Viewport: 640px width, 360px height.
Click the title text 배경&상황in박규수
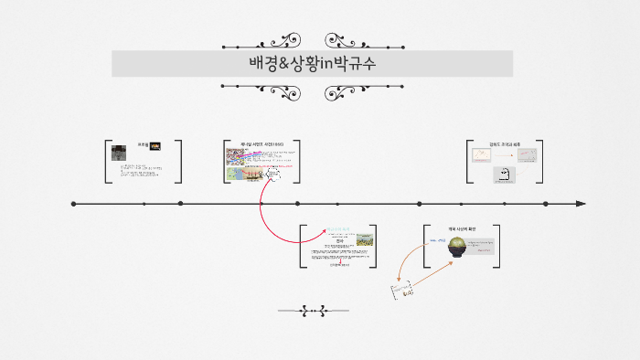[313, 64]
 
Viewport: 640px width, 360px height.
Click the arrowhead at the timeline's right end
[581, 204]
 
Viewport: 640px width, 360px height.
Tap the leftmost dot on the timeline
[74, 204]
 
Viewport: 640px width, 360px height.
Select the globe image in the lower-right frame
[453, 246]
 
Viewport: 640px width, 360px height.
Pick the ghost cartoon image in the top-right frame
[501, 174]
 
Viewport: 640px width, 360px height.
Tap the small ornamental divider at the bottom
[313, 312]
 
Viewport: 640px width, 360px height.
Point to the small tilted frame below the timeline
[402, 290]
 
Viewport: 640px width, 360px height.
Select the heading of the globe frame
[462, 228]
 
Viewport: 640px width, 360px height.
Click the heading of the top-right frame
[505, 144]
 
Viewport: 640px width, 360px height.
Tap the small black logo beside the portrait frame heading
[155, 144]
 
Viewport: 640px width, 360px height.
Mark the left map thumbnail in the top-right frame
[483, 155]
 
